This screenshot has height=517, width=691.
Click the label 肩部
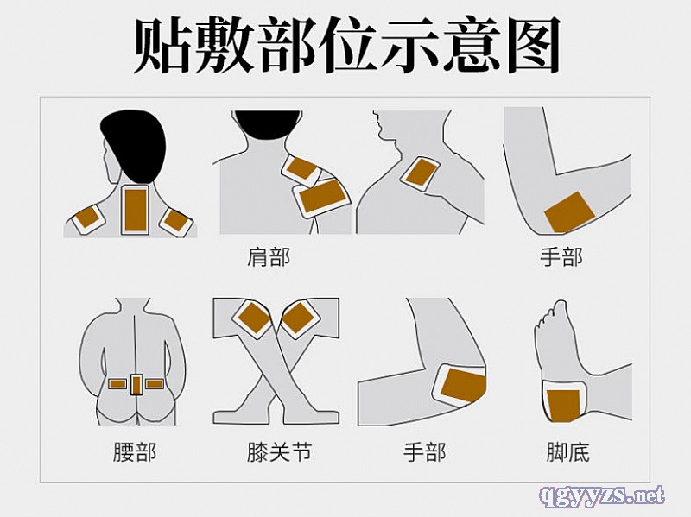pos(269,257)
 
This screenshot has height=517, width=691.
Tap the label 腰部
pos(135,451)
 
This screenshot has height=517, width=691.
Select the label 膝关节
pos(279,451)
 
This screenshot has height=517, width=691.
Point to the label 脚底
pos(567,451)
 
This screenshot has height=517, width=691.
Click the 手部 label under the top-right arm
pos(561,257)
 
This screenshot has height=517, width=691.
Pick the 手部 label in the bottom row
pos(424,451)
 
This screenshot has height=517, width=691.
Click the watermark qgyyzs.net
pos(601,495)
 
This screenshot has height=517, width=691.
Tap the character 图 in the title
pos(534,46)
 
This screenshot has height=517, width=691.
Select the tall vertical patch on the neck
pos(136,210)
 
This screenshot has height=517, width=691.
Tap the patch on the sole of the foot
pos(564,404)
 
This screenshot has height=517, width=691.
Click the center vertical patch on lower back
pos(136,385)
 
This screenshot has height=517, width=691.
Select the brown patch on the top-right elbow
pos(570,212)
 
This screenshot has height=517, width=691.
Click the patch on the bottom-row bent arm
pos(460,384)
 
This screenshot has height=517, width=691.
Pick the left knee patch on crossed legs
pos(251,319)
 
